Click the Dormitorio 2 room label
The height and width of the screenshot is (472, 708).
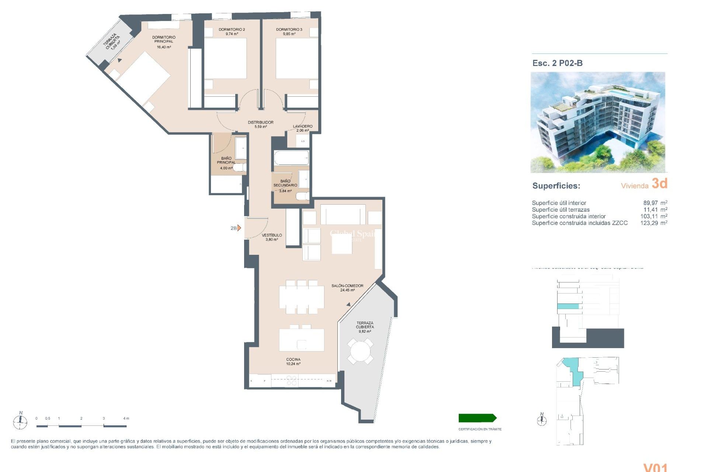(232, 29)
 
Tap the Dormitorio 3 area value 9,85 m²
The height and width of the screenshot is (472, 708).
(289, 34)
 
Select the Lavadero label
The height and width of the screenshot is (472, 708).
(303, 126)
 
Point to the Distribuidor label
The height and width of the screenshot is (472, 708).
(260, 122)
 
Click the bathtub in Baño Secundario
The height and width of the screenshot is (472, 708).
(291, 158)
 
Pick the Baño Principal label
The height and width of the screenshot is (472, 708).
(226, 160)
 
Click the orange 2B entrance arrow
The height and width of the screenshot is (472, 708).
(239, 228)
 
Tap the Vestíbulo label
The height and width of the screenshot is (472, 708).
(272, 235)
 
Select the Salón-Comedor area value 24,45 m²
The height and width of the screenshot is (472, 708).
(347, 290)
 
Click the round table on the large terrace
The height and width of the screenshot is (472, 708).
(360, 351)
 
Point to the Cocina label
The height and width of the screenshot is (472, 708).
(293, 360)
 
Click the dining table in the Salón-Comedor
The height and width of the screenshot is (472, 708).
(302, 297)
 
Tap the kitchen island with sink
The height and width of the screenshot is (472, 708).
(302, 340)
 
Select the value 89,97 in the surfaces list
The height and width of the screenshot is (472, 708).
(650, 203)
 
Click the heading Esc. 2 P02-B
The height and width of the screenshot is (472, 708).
(557, 63)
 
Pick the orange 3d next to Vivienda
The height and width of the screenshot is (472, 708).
(659, 184)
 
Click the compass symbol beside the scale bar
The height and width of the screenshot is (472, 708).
(20, 421)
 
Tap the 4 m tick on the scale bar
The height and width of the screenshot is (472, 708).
(126, 419)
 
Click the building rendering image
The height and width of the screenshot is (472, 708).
(598, 122)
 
